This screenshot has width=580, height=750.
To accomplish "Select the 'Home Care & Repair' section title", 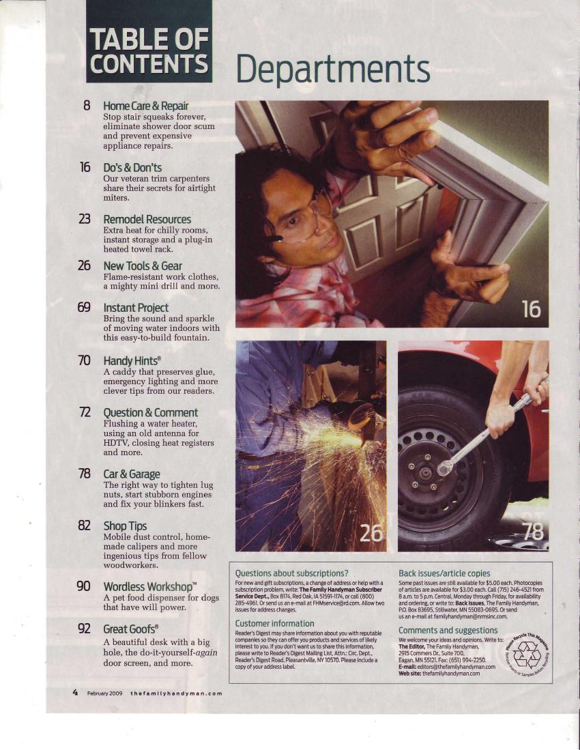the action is pyautogui.click(x=146, y=106).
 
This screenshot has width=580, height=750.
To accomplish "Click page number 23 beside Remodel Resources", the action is pyautogui.click(x=84, y=219).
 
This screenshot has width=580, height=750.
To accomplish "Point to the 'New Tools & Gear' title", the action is pyautogui.click(x=143, y=266).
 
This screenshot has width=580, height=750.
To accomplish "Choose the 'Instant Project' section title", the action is pyautogui.click(x=136, y=308).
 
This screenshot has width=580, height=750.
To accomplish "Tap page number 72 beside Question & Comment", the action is pyautogui.click(x=84, y=412).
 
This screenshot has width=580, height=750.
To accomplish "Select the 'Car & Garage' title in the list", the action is pyautogui.click(x=132, y=474).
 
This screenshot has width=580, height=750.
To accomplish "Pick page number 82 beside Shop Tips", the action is pyautogui.click(x=84, y=525).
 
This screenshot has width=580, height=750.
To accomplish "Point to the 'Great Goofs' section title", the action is pyautogui.click(x=130, y=629).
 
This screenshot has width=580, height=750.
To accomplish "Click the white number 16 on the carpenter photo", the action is pyautogui.click(x=532, y=309).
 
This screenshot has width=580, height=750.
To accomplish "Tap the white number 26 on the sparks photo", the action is pyautogui.click(x=371, y=533).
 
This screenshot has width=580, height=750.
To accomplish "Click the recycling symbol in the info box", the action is pyautogui.click(x=527, y=655).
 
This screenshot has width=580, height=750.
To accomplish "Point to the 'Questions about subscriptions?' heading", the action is pyautogui.click(x=291, y=573).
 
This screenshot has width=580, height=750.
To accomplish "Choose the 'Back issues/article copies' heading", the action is pyautogui.click(x=444, y=573).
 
